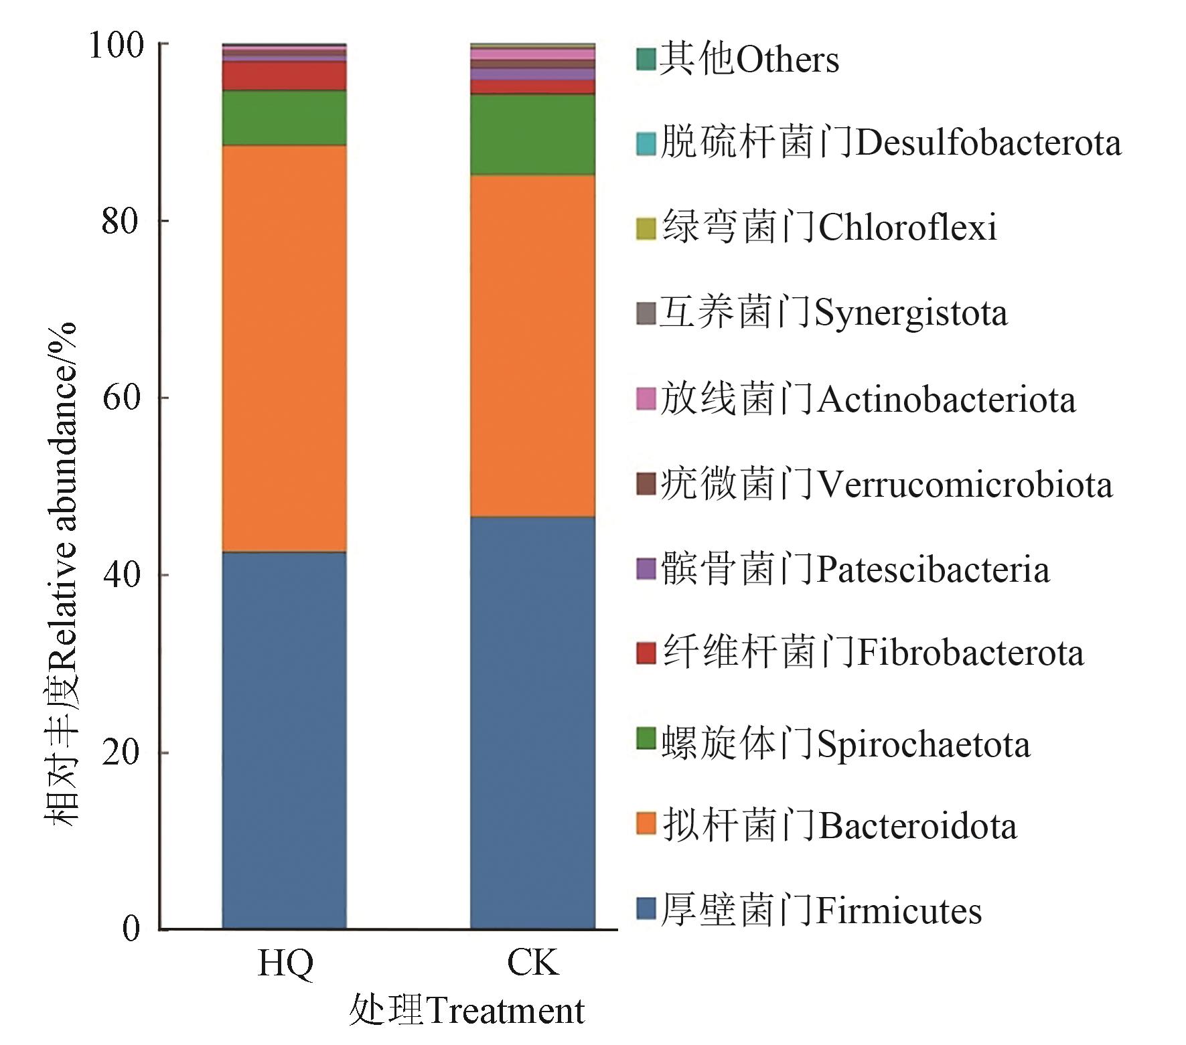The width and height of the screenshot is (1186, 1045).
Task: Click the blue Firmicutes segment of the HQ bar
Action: tap(284, 740)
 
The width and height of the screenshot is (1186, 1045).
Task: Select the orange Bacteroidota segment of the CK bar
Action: tap(532, 345)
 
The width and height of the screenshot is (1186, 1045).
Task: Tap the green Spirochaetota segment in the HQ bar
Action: tap(284, 118)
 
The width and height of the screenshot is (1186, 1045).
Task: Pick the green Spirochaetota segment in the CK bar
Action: tap(532, 135)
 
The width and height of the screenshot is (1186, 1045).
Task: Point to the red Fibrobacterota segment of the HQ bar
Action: tap(284, 76)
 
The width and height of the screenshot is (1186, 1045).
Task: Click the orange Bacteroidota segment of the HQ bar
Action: tap(284, 348)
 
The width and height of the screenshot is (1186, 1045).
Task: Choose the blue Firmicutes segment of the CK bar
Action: tap(532, 723)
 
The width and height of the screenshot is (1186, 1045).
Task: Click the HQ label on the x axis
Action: tap(285, 963)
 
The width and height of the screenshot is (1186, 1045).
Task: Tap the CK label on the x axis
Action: tap(532, 963)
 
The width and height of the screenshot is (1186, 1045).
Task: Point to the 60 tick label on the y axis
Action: tap(123, 398)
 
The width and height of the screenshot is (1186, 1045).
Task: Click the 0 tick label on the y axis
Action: tap(131, 929)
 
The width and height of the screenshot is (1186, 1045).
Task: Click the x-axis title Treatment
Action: tap(467, 1011)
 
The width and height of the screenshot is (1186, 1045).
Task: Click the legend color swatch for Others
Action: tap(645, 60)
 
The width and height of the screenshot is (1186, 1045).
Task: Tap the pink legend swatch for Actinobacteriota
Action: tap(645, 400)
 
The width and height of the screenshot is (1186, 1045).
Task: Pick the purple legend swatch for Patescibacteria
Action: tap(645, 570)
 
